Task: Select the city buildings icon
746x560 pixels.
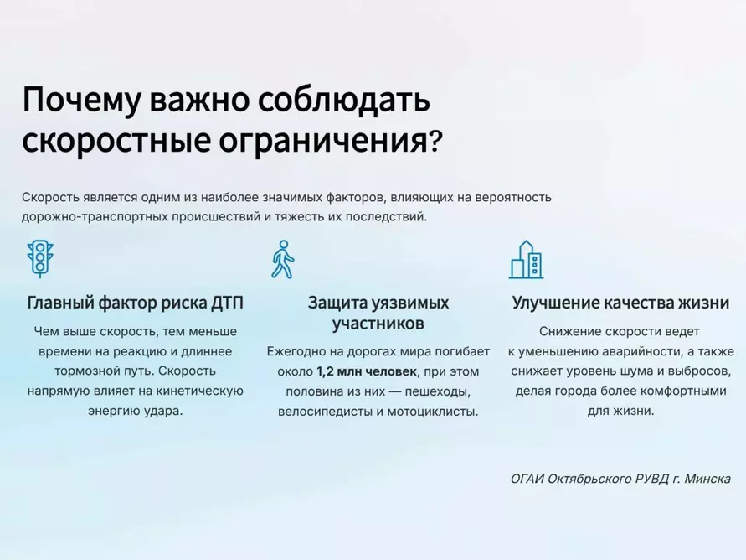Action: tap(526, 259)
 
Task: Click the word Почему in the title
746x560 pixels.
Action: tap(81, 100)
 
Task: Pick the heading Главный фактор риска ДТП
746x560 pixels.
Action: tap(141, 303)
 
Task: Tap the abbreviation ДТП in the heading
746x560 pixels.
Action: tap(236, 303)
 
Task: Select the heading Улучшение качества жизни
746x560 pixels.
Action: tap(620, 303)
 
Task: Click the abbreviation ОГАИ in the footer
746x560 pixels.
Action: tap(530, 479)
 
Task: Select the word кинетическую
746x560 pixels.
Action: tap(202, 391)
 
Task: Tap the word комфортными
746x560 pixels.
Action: tap(683, 391)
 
